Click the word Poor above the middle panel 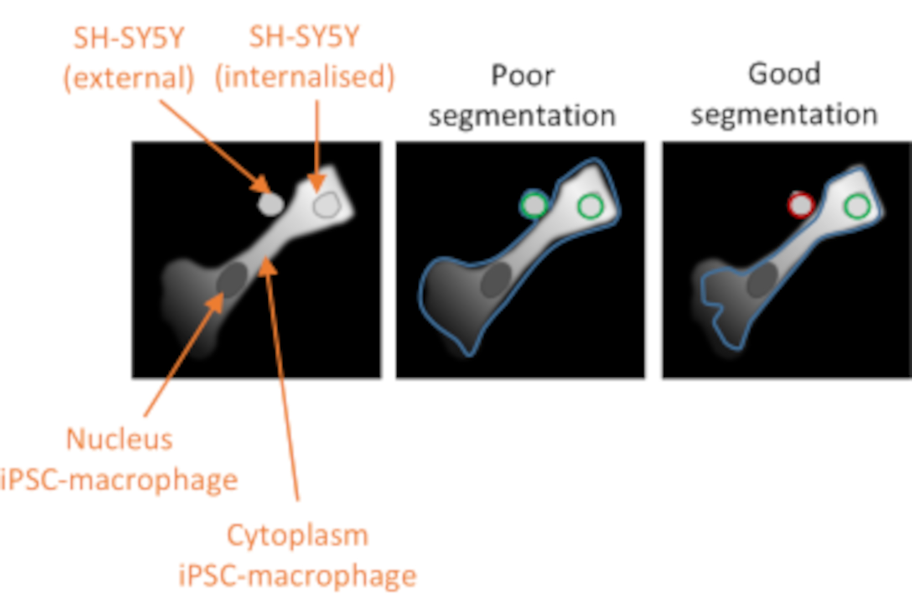[523, 75]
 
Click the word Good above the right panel [784, 74]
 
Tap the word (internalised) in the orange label [305, 77]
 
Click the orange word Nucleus [119, 440]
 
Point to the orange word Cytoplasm [297, 535]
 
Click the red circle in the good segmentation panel [801, 205]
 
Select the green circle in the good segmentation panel [857, 206]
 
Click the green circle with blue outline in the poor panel [534, 205]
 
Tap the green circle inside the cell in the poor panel [591, 206]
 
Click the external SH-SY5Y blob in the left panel [270, 204]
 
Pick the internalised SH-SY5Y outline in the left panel [326, 205]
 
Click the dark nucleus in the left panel [233, 279]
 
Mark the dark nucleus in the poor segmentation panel [496, 280]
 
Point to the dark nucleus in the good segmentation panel [762, 280]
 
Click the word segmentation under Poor [522, 116]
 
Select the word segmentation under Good [784, 114]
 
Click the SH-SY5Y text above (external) [129, 38]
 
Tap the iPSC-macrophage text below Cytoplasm [297, 576]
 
